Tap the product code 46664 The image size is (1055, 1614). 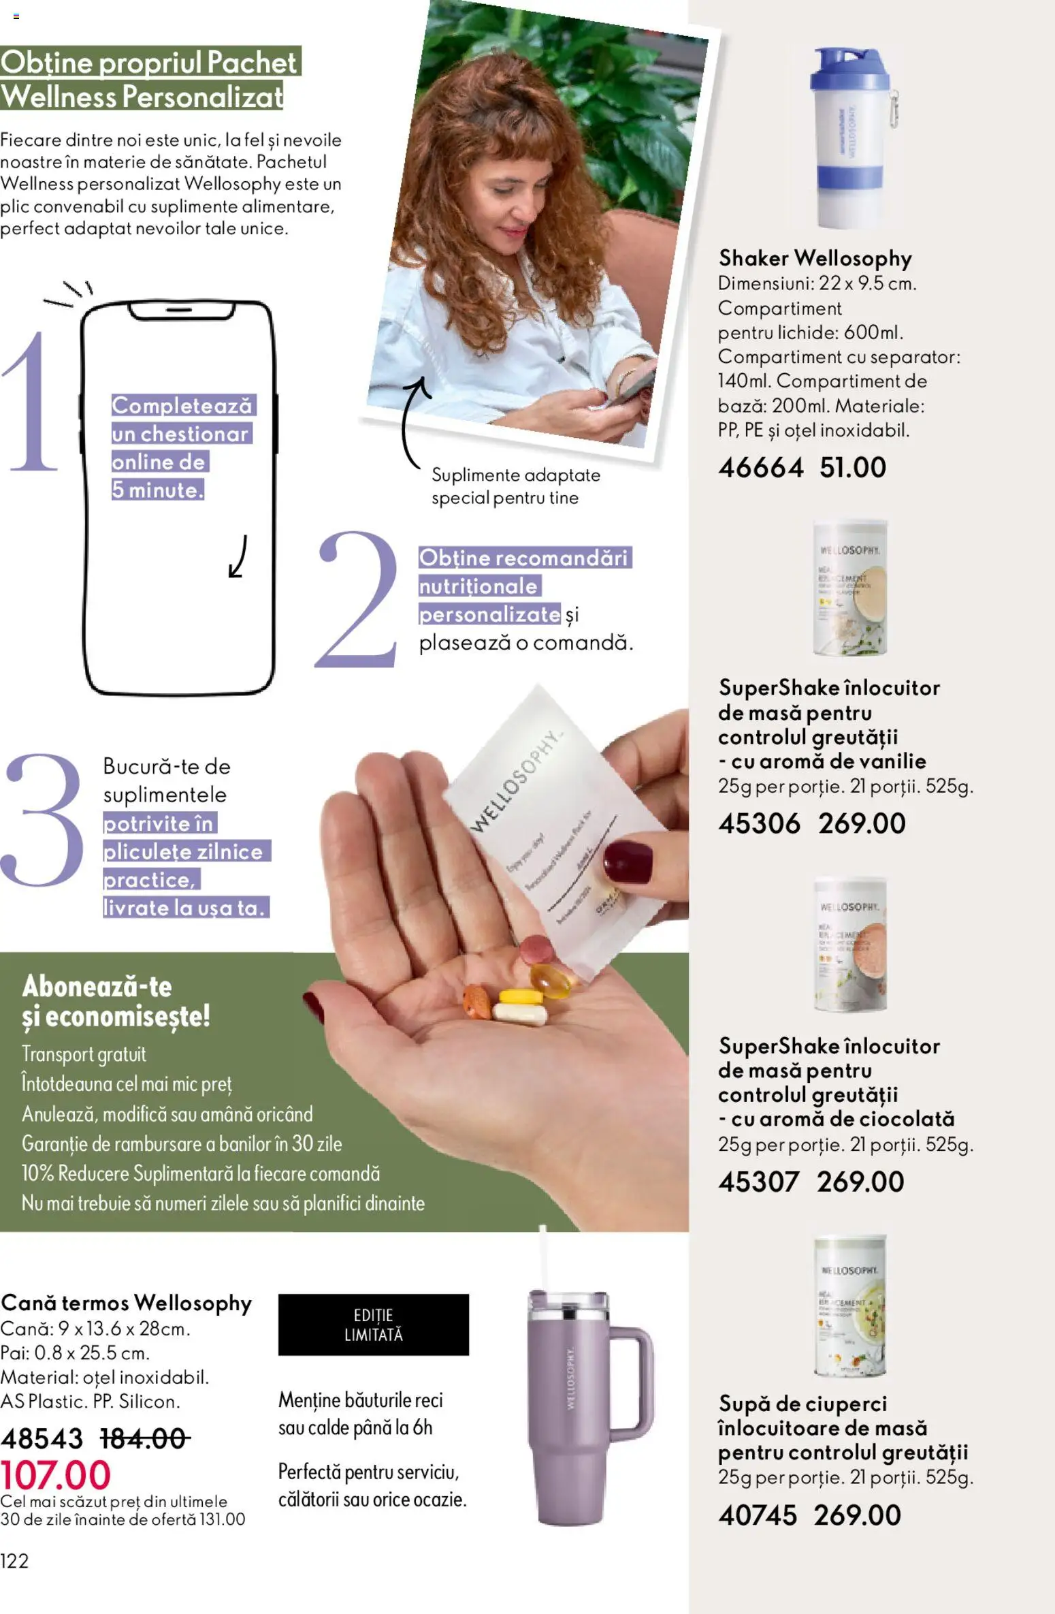point(760,467)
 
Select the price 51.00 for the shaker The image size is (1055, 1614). point(853,467)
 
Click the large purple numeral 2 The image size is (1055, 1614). point(357,599)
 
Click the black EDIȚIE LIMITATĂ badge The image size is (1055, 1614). point(373,1325)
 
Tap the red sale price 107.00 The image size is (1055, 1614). point(55,1475)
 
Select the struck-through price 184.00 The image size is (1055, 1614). point(144,1439)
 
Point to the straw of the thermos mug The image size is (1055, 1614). point(543,1260)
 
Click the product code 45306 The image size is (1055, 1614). point(759,823)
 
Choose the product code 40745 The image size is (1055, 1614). point(757,1515)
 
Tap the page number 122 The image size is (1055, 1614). point(14,1561)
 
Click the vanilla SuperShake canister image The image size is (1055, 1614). point(849,589)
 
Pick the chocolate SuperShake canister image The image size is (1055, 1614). point(850,943)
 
